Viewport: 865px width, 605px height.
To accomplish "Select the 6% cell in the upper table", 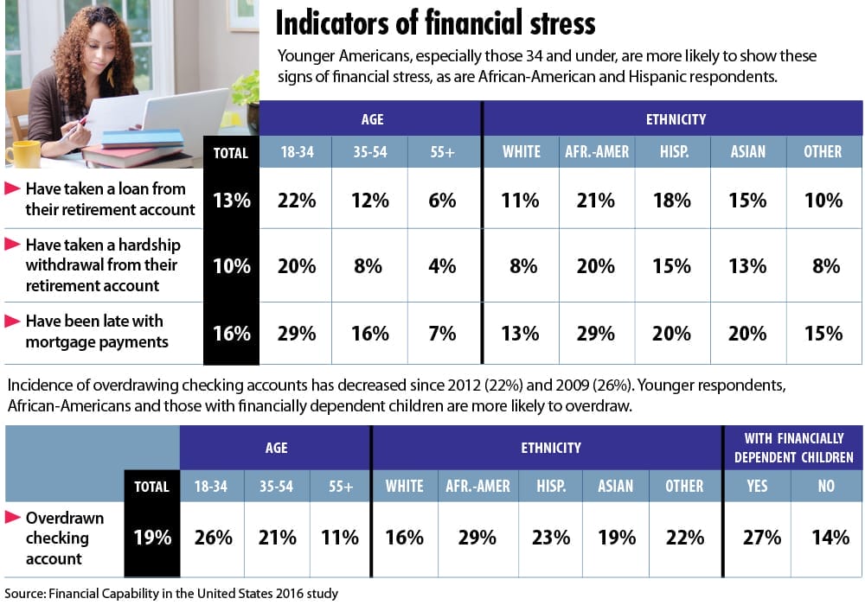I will click(441, 200).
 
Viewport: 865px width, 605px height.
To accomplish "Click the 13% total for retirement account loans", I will click(231, 200).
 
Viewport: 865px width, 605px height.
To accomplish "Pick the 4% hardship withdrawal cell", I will click(441, 265).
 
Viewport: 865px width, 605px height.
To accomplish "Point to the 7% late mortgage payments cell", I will click(441, 333).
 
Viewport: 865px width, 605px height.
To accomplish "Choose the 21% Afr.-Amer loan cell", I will click(596, 200).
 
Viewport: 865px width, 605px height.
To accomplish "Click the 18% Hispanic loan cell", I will click(672, 200).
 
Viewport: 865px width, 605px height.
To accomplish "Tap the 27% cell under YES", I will click(757, 537).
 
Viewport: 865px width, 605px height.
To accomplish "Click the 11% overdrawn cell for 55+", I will click(339, 537).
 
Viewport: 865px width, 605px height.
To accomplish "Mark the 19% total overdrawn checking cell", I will click(152, 537).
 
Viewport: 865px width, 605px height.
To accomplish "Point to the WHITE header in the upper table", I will click(522, 152).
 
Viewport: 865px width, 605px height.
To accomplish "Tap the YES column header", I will click(757, 487).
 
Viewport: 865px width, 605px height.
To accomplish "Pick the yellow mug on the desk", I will click(23, 152).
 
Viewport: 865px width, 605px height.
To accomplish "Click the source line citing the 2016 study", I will click(171, 593).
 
